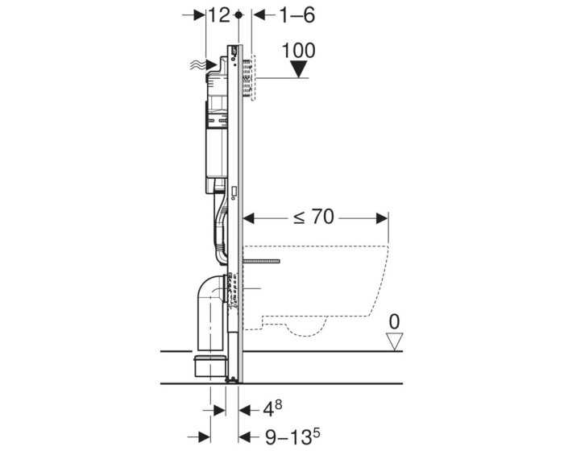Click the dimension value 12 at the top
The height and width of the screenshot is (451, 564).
tap(219, 15)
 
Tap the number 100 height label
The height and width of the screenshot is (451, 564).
tap(300, 50)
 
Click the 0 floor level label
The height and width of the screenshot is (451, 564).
tap(394, 321)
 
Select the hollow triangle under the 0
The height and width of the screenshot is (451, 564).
tap(394, 341)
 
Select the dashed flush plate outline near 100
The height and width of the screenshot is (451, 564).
tap(251, 77)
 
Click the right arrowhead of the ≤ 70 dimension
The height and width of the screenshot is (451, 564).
tap(382, 217)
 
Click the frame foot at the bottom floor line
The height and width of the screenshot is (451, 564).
tap(234, 379)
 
